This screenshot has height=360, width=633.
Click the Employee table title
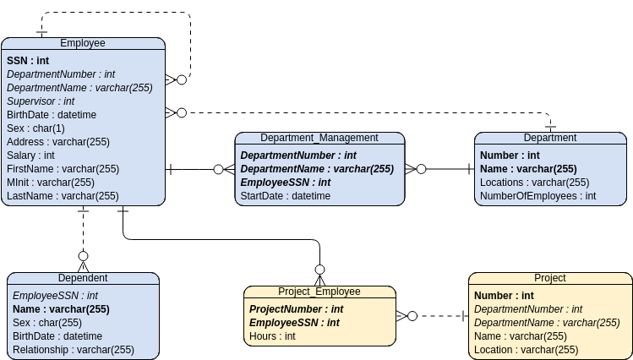(83, 43)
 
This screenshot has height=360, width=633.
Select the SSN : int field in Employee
(28, 61)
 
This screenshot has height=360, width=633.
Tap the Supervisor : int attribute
(41, 101)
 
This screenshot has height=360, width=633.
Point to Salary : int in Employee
(30, 155)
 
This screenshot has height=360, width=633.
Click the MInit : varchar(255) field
(50, 183)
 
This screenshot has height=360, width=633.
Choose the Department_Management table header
(319, 138)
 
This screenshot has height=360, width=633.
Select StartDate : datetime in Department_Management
(286, 196)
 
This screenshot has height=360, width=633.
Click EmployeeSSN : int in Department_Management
(285, 183)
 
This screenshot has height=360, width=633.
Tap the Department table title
(549, 138)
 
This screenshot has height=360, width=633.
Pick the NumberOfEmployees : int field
(538, 196)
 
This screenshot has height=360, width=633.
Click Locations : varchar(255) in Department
(534, 183)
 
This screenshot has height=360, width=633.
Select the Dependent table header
(83, 278)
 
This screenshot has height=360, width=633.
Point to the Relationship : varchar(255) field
(74, 350)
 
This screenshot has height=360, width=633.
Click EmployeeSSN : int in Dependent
(55, 296)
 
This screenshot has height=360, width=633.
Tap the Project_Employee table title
(319, 292)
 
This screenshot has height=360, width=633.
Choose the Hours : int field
(272, 336)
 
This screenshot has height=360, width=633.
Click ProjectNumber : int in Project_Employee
(296, 309)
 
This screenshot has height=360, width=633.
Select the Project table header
(549, 278)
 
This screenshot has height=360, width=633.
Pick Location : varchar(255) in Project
(526, 350)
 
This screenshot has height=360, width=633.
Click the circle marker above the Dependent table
(83, 255)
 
